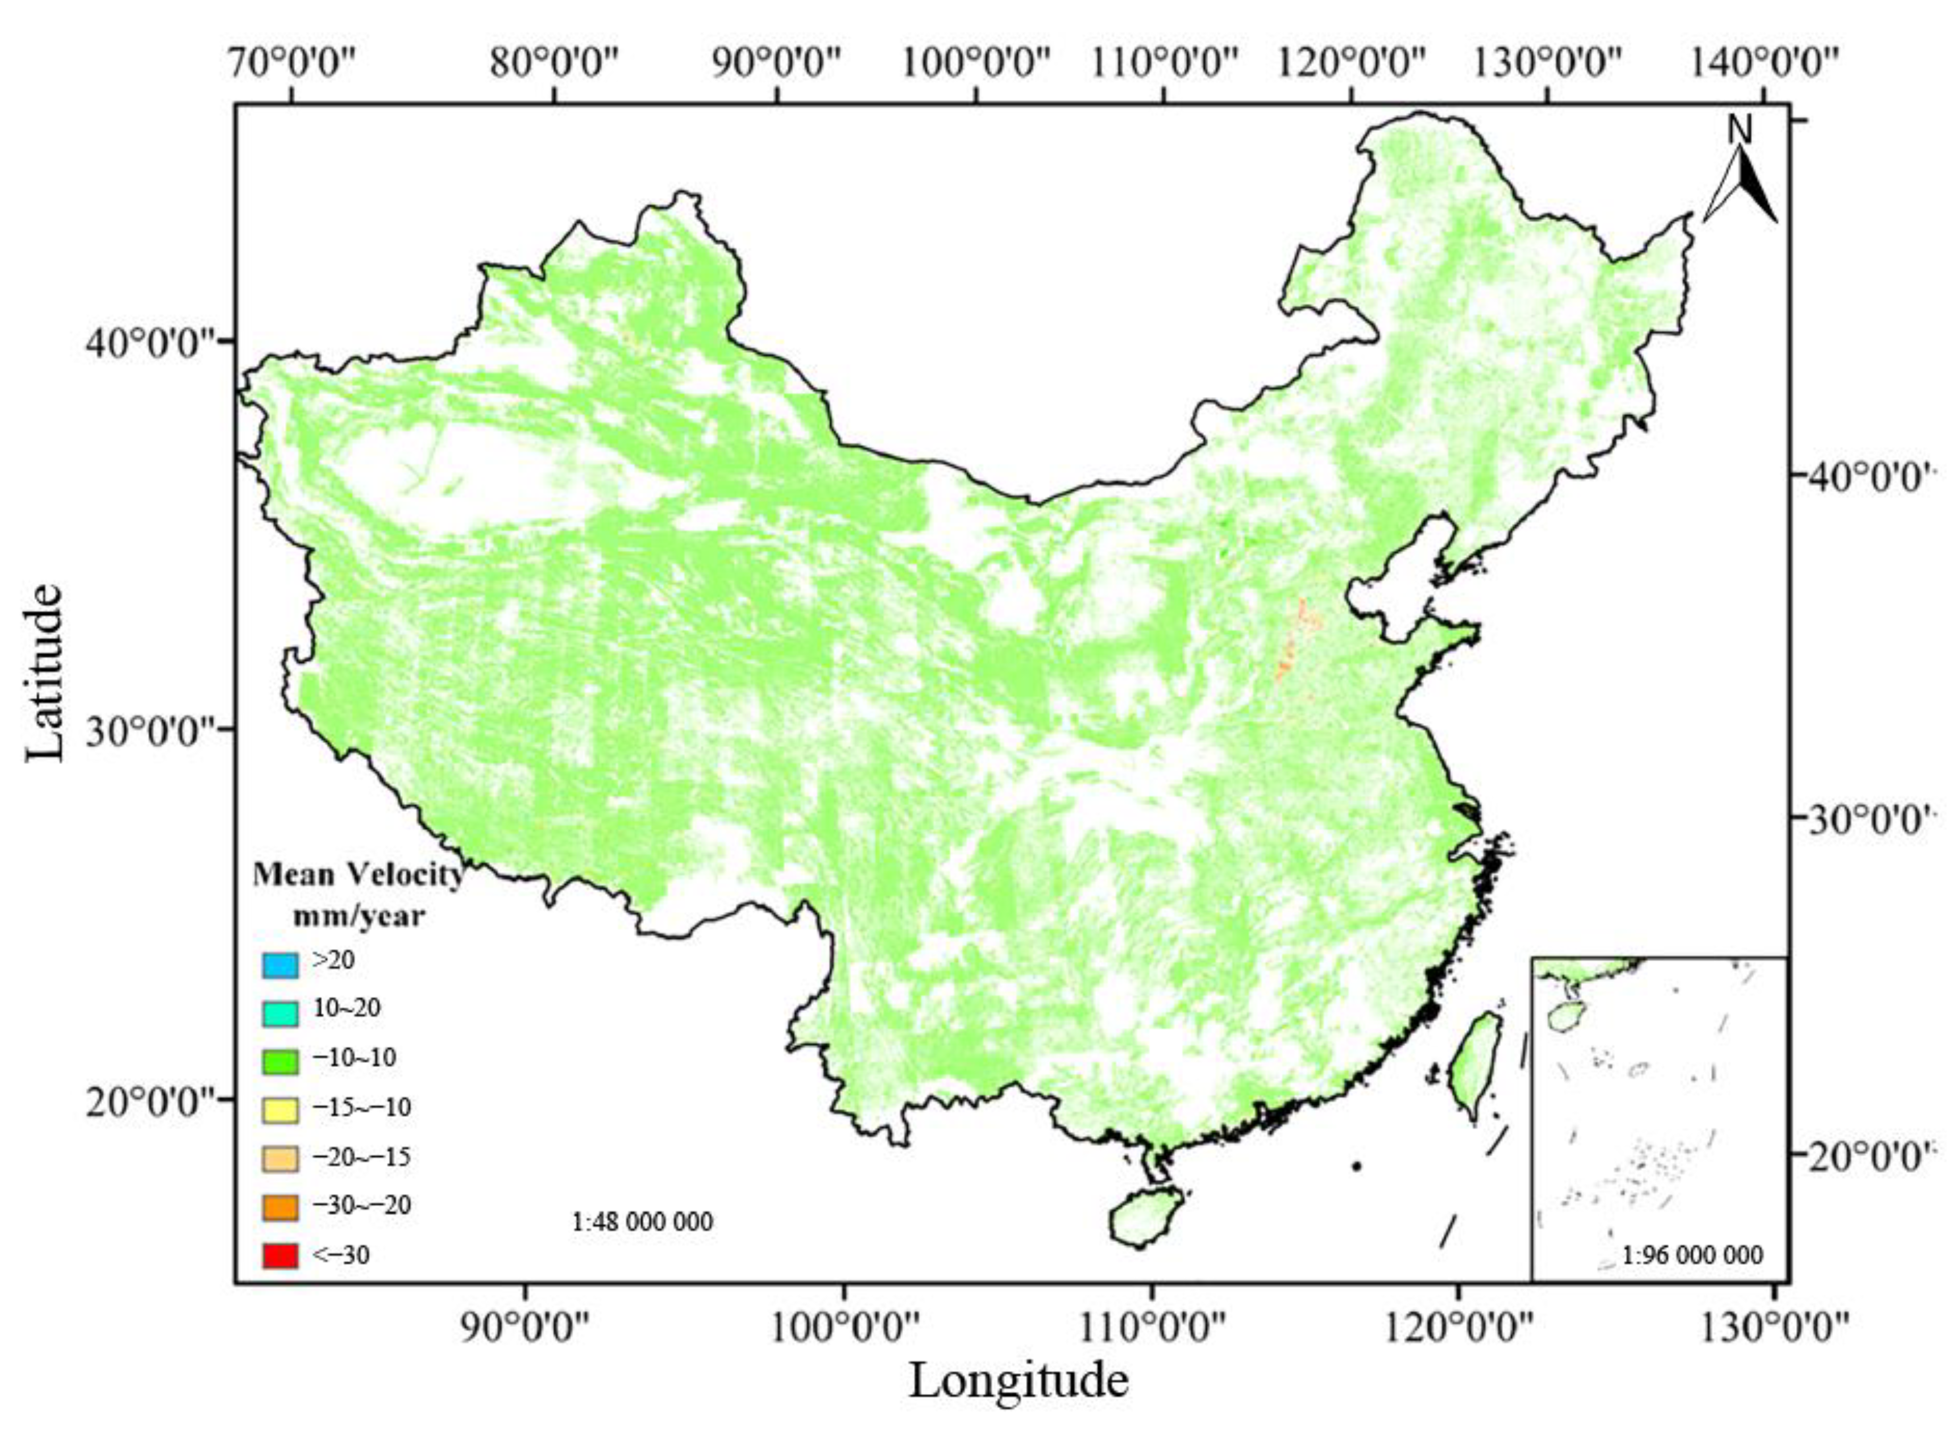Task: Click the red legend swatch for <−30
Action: click(280, 1255)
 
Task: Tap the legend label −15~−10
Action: click(361, 1107)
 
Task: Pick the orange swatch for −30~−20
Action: click(280, 1207)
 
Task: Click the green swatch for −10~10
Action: click(280, 1061)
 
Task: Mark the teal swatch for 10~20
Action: click(280, 1013)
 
